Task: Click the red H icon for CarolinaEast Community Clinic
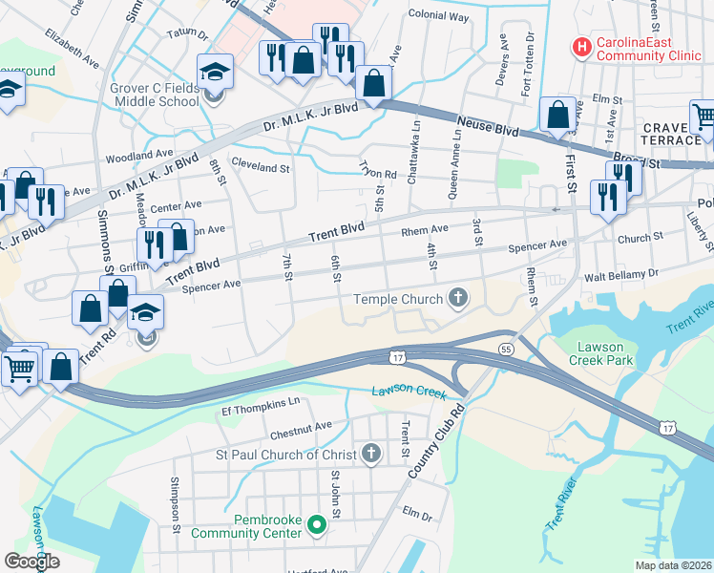579,46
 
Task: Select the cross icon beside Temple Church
458,299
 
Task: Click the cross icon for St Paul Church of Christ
372,453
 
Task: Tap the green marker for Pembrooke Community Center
322,522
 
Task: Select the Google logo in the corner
32,561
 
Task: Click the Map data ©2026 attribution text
672,565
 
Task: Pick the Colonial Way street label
438,17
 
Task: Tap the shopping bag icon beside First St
557,117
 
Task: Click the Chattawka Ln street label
414,150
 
